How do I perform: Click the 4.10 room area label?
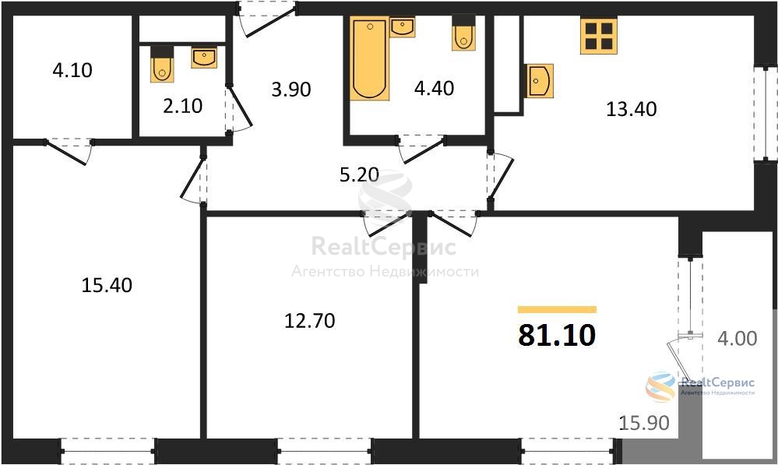[72, 70]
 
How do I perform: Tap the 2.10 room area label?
[182, 106]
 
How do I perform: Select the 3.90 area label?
[291, 90]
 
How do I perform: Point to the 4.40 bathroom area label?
[434, 88]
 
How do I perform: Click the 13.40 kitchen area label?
[631, 109]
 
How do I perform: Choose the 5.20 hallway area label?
[359, 174]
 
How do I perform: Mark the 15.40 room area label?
[107, 285]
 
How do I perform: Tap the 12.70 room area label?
[310, 321]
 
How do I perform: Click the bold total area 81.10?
[557, 335]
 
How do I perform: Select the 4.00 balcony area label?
[738, 339]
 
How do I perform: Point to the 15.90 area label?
[644, 423]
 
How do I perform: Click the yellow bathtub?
[370, 58]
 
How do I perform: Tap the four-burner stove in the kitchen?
[599, 36]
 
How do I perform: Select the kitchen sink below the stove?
[540, 81]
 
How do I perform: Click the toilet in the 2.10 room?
[162, 65]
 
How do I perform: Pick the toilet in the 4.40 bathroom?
[463, 33]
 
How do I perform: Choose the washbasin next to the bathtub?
[403, 27]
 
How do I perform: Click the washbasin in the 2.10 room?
[204, 58]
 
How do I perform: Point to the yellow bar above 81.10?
[557, 310]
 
